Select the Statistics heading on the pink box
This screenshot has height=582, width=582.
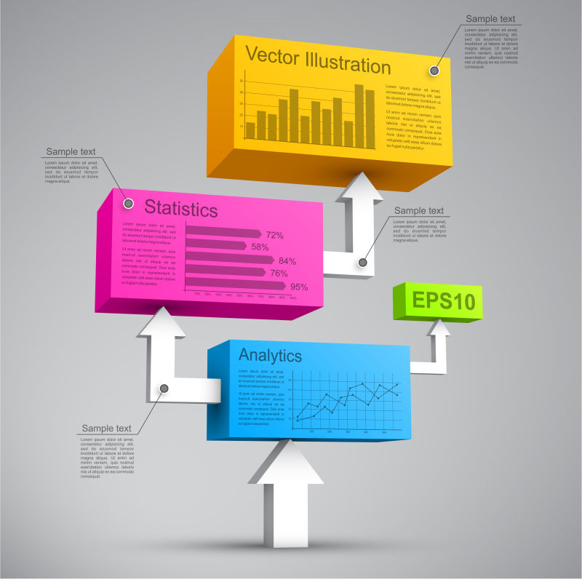tap(180, 209)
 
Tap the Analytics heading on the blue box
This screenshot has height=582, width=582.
tap(270, 355)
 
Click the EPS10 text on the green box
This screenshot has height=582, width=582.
tap(443, 300)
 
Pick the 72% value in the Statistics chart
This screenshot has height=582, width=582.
tap(274, 235)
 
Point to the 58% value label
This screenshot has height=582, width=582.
tap(260, 247)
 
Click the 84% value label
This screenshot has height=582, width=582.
tap(287, 260)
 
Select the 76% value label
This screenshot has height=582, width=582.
tap(279, 274)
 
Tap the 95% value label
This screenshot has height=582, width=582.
tap(299, 287)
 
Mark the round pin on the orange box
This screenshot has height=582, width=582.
tap(434, 71)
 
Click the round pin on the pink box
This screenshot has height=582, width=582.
tap(128, 203)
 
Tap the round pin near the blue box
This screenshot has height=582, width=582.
tap(164, 388)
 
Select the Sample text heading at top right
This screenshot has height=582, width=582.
tap(491, 19)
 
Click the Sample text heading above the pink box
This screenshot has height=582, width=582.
tap(71, 151)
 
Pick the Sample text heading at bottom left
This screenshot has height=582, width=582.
tap(106, 428)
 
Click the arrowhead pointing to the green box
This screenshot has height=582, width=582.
tap(439, 329)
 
